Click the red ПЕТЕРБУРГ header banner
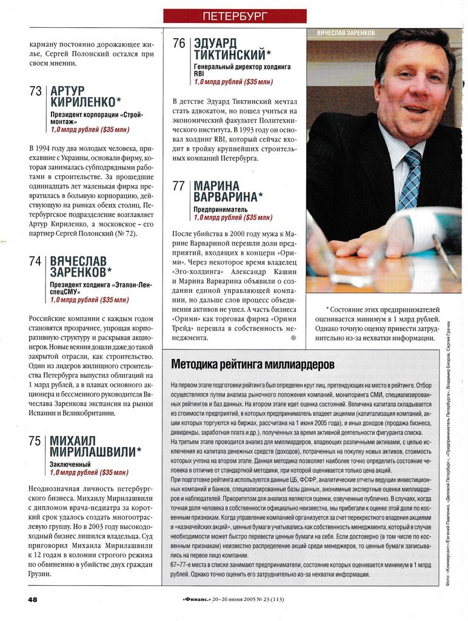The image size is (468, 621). click(235, 16)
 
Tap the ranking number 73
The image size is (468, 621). click(36, 92)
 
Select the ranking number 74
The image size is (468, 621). click(36, 261)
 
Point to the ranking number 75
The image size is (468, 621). click(36, 441)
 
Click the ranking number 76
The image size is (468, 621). click(179, 44)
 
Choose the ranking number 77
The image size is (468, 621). click(179, 186)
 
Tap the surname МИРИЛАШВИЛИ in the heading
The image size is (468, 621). click(95, 452)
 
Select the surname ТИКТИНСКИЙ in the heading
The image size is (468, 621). click(232, 55)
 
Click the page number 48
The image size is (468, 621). click(33, 599)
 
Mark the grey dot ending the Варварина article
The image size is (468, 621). click(294, 337)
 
